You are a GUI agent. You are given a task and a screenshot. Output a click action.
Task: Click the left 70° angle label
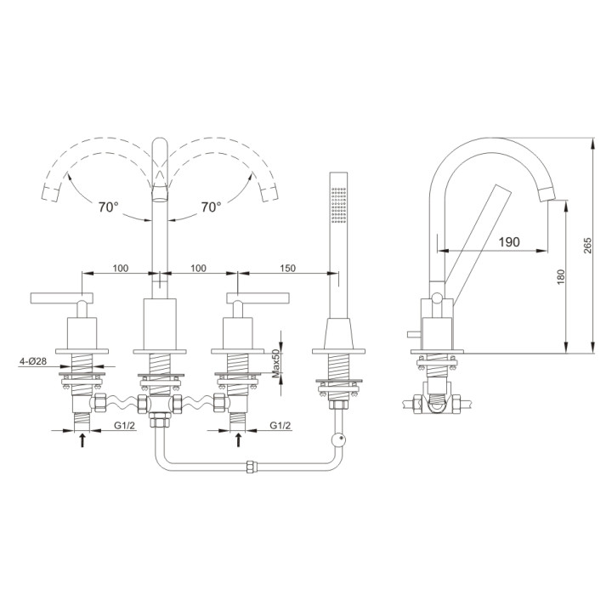point(107,207)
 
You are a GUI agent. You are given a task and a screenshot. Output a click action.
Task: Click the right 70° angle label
point(211,207)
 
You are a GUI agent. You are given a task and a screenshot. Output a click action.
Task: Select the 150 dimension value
point(287,268)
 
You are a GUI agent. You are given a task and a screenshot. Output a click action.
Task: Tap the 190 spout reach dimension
point(508,242)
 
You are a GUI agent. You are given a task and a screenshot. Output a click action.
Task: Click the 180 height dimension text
point(559,277)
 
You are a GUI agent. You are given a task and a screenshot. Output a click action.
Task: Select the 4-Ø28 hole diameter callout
point(34,362)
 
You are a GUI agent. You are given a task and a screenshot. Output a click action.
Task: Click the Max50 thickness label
point(276,363)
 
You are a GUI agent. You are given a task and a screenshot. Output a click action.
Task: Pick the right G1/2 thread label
point(281,424)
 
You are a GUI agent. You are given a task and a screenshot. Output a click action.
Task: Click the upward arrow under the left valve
point(82,439)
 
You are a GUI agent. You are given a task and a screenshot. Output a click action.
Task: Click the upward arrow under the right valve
point(238,439)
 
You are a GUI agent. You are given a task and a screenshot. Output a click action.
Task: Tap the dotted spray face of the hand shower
point(338,205)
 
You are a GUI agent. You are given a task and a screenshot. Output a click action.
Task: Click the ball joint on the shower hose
point(338,439)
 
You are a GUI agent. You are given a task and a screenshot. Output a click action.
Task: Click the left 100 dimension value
point(120,268)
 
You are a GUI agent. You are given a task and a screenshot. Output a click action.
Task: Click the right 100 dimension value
point(198,268)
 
